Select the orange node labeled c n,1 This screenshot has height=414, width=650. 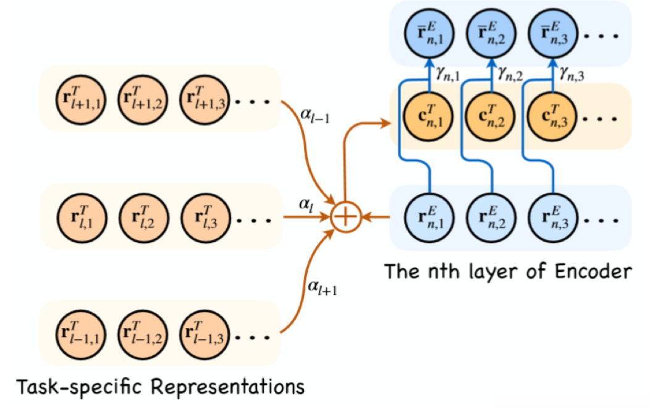tap(426, 116)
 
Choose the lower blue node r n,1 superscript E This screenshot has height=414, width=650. tap(426, 218)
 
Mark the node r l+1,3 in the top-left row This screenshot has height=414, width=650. tap(203, 98)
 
